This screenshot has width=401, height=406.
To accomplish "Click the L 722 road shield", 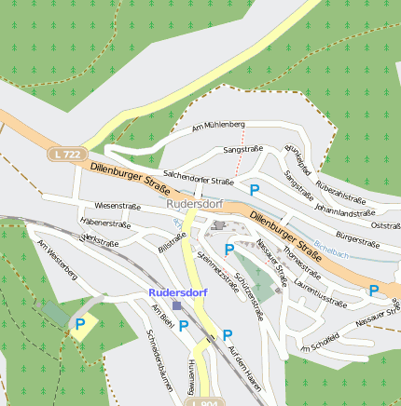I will [x=66, y=153].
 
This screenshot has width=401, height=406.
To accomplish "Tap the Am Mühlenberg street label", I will [x=218, y=125].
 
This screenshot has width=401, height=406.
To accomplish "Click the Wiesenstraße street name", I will [x=118, y=205].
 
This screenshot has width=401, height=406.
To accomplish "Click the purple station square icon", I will [x=177, y=304].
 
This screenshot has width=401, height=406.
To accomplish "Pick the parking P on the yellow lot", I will [x=80, y=324].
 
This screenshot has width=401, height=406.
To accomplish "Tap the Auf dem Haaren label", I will [x=243, y=366].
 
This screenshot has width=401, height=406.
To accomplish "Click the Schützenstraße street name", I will [x=249, y=296].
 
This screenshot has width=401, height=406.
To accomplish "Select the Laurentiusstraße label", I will [x=319, y=291].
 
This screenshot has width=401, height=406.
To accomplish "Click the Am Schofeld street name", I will [x=318, y=346].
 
